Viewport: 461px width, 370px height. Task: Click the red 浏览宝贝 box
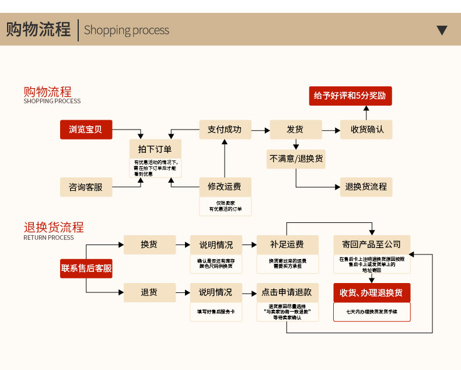pos(86,129)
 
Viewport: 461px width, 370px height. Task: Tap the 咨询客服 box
pos(86,187)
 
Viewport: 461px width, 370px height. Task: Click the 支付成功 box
pos(225,129)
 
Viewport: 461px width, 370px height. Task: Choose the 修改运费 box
pos(225,187)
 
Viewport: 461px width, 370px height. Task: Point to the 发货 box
pos(295,129)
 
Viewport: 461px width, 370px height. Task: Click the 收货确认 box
pos(366,129)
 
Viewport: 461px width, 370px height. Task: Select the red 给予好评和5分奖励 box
pos(350,96)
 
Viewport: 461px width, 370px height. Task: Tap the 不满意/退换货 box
pos(296,159)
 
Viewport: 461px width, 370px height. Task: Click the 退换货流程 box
pos(366,187)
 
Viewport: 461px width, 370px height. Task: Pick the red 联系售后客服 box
pos(86,268)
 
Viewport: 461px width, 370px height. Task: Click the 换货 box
pos(149,245)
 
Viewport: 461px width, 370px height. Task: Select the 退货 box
pos(149,292)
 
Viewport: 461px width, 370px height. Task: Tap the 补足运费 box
pos(287,245)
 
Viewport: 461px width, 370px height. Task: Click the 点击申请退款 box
pos(287,292)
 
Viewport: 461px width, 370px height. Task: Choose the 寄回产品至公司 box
pos(372,245)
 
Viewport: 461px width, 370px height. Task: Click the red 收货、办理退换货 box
pos(372,292)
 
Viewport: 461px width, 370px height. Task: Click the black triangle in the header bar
pos(442,30)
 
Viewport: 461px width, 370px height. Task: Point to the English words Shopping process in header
pos(127,30)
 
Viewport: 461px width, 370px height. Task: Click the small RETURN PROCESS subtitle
pos(48,238)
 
